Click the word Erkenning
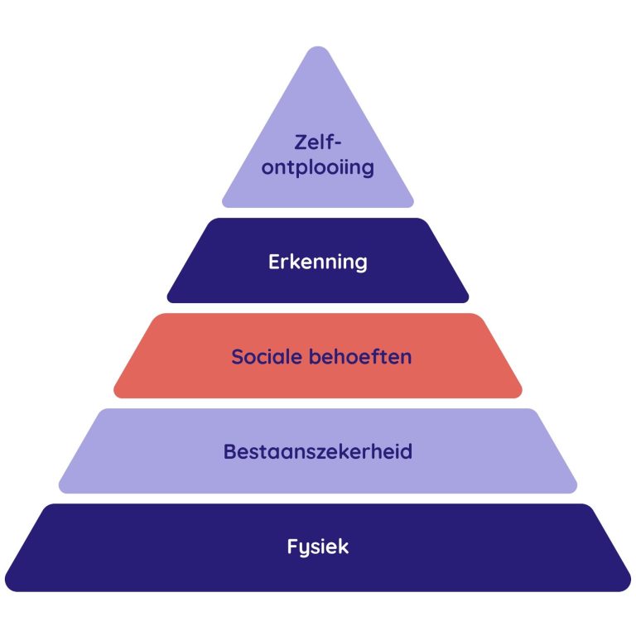[x=318, y=263]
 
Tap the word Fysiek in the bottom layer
[x=318, y=547]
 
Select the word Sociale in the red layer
[x=265, y=358]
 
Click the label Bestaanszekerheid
[x=318, y=452]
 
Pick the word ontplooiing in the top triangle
[x=318, y=168]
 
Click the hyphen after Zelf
[x=339, y=143]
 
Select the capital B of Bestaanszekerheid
[x=229, y=452]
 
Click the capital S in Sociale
[x=237, y=358]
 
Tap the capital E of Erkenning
[x=274, y=263]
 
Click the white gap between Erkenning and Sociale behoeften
[x=318, y=308]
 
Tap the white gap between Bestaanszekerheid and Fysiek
[x=318, y=499]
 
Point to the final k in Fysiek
[x=344, y=547]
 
